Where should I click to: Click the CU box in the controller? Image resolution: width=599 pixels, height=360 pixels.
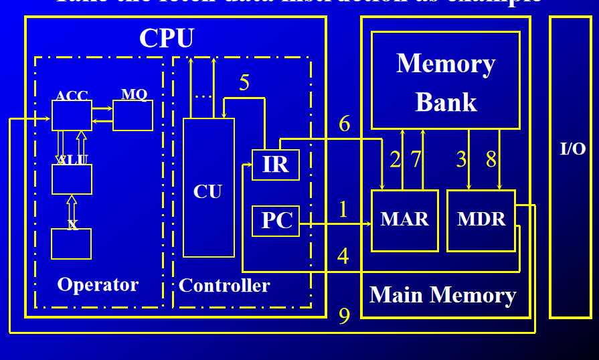[208, 188]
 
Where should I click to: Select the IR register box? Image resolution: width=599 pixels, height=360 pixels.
[275, 165]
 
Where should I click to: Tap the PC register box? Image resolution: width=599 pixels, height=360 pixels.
[275, 221]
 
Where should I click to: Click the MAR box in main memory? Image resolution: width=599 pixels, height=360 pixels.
[404, 220]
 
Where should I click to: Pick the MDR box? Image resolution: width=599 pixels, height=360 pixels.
[481, 220]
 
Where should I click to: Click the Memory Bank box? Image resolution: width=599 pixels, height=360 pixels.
[445, 80]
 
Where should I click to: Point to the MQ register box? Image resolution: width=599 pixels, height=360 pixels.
[133, 115]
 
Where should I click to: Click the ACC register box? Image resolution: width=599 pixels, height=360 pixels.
[72, 115]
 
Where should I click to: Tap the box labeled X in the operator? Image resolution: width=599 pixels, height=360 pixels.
[71, 244]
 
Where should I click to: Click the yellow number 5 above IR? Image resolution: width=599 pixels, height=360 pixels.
[244, 84]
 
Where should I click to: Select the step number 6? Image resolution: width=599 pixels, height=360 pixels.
[345, 124]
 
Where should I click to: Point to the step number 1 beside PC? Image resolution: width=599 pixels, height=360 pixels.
[343, 210]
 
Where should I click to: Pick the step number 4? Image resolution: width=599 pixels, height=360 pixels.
[343, 256]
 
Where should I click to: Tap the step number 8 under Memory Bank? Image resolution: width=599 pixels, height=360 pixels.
[491, 159]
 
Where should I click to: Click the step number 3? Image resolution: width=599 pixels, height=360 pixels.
[461, 159]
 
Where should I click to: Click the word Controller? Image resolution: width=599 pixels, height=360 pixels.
[224, 286]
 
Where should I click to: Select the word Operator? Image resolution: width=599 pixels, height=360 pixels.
[98, 284]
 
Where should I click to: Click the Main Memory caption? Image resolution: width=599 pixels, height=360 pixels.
[443, 295]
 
